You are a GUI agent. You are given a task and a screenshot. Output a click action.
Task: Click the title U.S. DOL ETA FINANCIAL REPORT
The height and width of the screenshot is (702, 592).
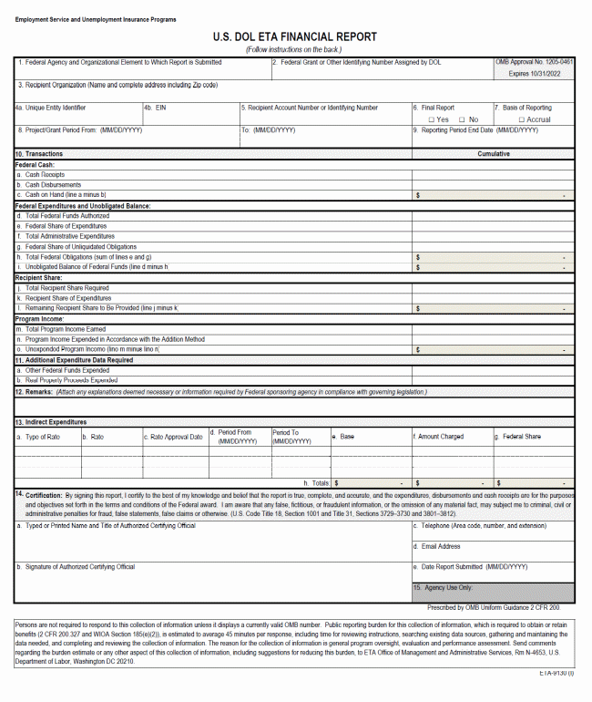pos(295,37)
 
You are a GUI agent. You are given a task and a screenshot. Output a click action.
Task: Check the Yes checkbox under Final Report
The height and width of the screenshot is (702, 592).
pos(432,119)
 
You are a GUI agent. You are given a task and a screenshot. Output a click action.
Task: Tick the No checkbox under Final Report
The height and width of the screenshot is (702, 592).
pos(463,119)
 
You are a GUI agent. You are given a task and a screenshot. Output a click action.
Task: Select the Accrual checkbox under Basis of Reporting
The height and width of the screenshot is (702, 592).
pos(522,119)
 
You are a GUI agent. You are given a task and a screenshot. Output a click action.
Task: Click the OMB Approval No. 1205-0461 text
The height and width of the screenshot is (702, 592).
pos(535,62)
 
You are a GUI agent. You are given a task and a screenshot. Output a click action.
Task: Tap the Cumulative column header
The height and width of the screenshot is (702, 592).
pos(494,154)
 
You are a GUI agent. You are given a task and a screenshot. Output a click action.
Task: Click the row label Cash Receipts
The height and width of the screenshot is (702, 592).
pos(45,174)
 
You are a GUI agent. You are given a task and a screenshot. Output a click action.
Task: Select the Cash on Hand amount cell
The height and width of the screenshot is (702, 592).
pos(493,195)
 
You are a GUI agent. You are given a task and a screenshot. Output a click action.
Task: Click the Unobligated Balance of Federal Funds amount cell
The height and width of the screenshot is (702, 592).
pos(493,267)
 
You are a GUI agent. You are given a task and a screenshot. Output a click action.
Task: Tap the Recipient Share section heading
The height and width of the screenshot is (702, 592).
pos(39,277)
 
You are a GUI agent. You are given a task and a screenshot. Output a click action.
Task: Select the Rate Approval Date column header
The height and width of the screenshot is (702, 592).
pos(174,437)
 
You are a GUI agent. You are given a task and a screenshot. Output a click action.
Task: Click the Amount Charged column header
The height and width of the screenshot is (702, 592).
pos(441,437)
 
